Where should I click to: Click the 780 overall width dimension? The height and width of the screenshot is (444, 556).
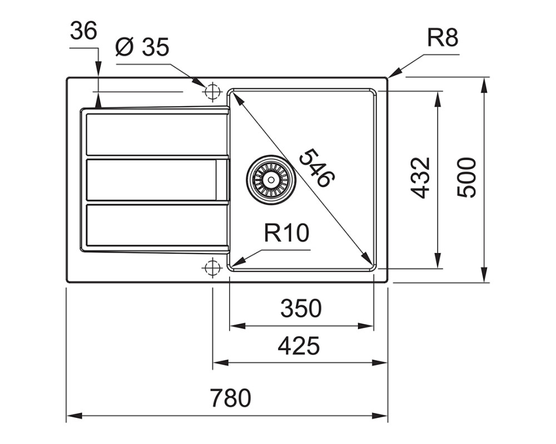[230, 398]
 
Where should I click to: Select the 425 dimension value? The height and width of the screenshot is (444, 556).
[299, 346]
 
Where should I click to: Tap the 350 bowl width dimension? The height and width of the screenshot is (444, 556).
[301, 308]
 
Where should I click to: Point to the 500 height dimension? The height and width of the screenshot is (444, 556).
[466, 178]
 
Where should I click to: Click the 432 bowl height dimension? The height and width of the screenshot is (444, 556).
[420, 178]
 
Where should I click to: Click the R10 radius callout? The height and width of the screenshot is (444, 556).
[286, 233]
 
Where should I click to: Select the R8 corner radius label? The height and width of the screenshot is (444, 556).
[443, 38]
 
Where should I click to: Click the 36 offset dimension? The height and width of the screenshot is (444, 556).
[83, 31]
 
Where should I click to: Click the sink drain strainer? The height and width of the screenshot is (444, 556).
[272, 179]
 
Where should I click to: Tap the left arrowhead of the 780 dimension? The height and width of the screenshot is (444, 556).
[75, 415]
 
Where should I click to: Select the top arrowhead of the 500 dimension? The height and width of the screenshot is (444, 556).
[484, 85]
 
